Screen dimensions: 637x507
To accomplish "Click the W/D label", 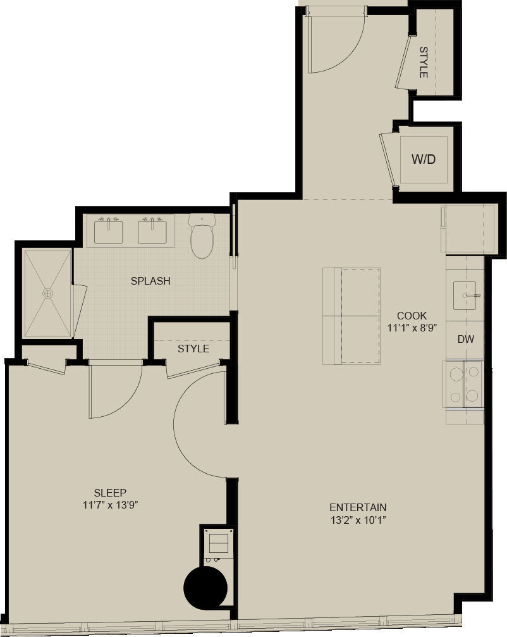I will click(x=424, y=159).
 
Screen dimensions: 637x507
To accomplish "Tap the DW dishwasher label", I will click(x=466, y=339).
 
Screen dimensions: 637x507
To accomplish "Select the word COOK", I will click(x=412, y=316).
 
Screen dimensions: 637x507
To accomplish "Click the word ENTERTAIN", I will click(x=358, y=507).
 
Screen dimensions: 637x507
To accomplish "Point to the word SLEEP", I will click(x=110, y=493).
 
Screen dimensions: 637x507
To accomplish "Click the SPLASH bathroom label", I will click(x=150, y=281).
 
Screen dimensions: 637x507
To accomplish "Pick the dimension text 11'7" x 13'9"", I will click(x=110, y=505).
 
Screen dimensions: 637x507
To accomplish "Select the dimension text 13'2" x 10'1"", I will click(x=358, y=520).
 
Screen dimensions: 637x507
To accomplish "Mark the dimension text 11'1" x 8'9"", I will click(x=412, y=328).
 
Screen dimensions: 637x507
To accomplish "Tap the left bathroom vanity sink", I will click(x=109, y=230).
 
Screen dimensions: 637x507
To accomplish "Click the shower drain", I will click(x=47, y=293).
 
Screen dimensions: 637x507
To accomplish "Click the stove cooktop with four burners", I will click(x=465, y=384).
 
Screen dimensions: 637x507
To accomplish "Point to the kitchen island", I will click(x=351, y=316).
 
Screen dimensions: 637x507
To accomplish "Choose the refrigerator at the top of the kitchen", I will click(x=467, y=229).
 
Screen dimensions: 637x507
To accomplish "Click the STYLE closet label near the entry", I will click(x=424, y=62).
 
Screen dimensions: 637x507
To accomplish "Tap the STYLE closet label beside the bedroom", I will click(x=193, y=349).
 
